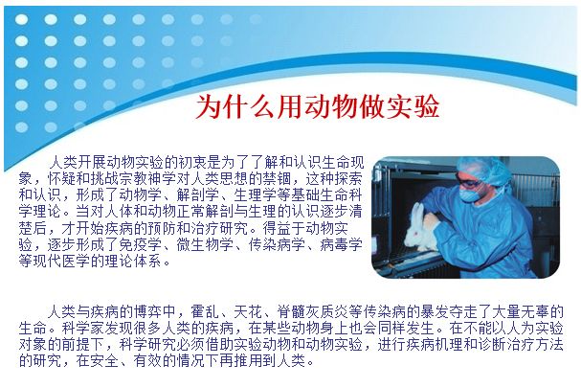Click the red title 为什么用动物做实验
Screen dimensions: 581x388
tap(317, 106)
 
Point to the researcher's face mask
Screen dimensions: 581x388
tap(469, 194)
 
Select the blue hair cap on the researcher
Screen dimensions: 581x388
tap(485, 170)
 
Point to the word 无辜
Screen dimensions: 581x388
tap(535, 311)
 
